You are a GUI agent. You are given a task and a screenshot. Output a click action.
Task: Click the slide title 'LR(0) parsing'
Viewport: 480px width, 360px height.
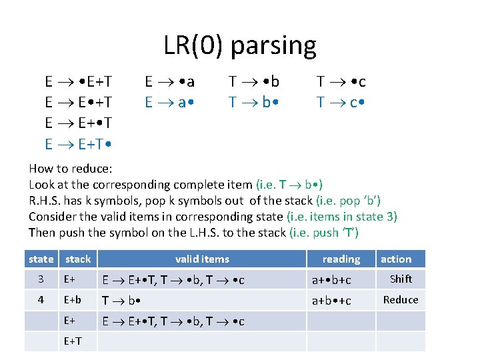pos(240,45)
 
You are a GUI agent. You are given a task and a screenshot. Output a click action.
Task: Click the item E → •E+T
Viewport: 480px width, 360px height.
pos(78,82)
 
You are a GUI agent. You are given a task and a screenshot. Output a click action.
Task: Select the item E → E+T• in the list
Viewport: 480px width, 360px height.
pos(78,143)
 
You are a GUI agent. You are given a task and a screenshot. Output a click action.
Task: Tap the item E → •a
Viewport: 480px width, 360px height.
pos(170,82)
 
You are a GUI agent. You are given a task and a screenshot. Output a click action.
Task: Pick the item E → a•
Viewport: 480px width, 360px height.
pos(170,103)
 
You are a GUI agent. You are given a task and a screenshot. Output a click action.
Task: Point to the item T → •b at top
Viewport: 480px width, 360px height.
pos(254,82)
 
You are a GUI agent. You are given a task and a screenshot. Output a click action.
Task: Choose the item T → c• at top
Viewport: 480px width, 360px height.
pos(341,103)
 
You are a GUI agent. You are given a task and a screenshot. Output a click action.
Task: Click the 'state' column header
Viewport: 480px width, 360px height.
pos(41,259)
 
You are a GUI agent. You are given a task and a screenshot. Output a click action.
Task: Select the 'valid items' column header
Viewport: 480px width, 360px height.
pos(202,259)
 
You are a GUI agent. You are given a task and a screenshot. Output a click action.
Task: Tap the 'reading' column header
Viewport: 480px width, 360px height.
pos(341,259)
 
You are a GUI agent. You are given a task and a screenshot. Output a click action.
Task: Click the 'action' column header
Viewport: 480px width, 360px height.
pos(396,259)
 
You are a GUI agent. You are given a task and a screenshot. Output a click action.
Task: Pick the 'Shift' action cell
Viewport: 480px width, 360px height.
pos(401,279)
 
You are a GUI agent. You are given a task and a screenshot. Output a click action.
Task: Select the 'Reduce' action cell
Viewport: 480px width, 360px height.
pos(401,300)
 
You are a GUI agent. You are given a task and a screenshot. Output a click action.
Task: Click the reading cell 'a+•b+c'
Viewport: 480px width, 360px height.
pos(331,280)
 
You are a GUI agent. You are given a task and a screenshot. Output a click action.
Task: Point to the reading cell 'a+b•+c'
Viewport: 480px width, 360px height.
pos(331,301)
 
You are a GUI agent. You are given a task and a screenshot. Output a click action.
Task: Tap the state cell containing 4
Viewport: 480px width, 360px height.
pos(41,301)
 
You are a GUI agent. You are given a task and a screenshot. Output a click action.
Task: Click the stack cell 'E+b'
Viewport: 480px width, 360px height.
pos(73,301)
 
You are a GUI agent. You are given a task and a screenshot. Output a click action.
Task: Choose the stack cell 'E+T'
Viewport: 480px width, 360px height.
pos(73,342)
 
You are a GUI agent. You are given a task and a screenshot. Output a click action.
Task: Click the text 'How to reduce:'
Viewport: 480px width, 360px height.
pos(70,169)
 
